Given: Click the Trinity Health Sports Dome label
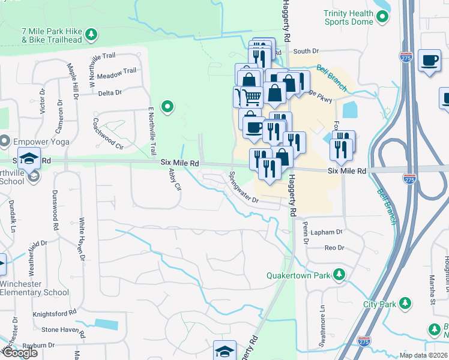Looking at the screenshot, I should [x=348, y=17].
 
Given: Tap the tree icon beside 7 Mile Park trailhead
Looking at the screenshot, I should [x=91, y=35].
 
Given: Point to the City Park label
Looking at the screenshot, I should [x=379, y=304].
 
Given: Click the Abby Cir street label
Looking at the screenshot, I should [x=175, y=179].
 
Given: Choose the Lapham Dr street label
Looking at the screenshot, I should [x=327, y=231].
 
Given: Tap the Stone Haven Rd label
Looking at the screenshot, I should [x=59, y=329].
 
